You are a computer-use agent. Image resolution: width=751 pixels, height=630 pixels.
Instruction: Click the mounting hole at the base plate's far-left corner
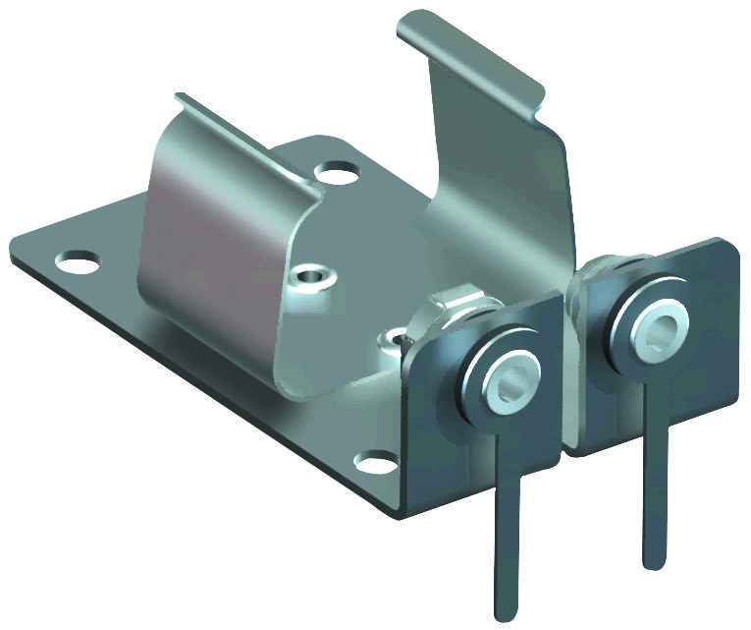coord(77,262)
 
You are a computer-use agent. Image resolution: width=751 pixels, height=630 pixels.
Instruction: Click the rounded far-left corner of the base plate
coord(18,246)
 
